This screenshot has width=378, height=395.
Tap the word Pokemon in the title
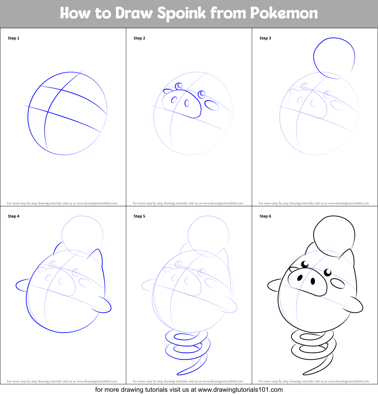[284, 14]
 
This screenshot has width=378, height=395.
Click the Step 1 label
[14, 38]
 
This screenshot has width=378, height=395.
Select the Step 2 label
[139, 38]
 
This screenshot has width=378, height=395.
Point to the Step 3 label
[265, 38]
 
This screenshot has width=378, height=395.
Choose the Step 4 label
[14, 216]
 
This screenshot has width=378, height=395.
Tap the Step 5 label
[139, 216]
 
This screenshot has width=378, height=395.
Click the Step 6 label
[265, 216]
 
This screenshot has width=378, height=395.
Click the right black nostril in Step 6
[313, 281]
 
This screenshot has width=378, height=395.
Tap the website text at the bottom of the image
[189, 390]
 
